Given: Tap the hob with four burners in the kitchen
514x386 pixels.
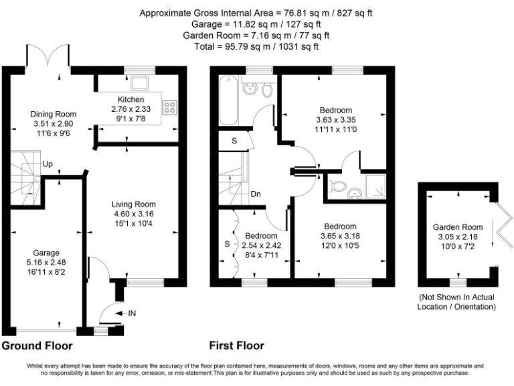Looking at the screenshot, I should tap(169, 105).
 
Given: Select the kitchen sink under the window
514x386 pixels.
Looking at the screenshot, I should tap(140, 83).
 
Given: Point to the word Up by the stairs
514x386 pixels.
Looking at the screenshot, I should tap(48, 164).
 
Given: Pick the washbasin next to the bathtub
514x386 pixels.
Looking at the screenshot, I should tap(250, 88).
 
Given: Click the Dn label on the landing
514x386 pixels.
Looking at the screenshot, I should tap(256, 195).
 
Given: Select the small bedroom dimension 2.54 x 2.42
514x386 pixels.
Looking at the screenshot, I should tap(261, 246).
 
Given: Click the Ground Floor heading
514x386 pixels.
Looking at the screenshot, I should tap(37, 346).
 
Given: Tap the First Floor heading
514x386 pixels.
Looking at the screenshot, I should tap(237, 346).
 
